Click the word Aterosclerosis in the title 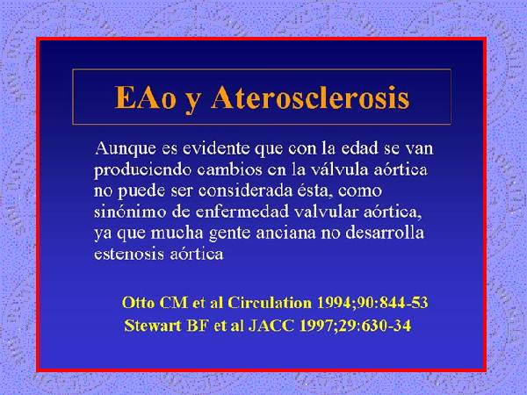point(310,97)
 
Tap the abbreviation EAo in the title point(145,97)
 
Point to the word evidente point(216,148)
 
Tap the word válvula point(339,169)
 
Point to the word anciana point(285,233)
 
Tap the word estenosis point(129,254)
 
